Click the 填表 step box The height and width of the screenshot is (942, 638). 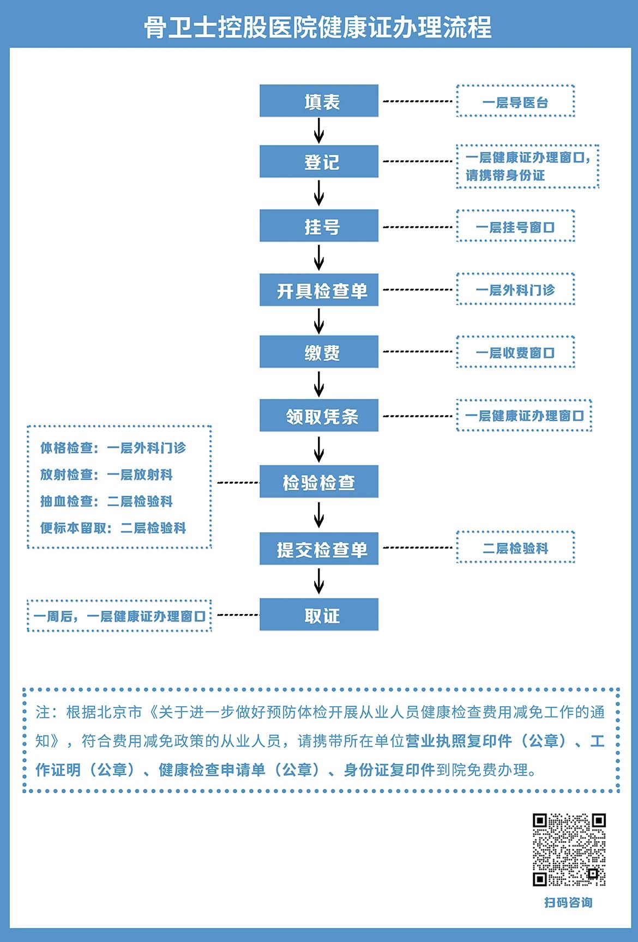(x=319, y=101)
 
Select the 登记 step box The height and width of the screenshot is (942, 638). (x=319, y=161)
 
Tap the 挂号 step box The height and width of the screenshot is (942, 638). (x=319, y=226)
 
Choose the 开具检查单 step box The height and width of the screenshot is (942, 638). (x=319, y=290)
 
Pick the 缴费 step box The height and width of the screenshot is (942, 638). (x=319, y=352)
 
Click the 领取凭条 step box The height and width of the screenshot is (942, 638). (x=319, y=416)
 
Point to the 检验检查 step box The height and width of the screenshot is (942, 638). (x=319, y=482)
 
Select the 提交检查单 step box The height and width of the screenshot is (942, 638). (x=319, y=549)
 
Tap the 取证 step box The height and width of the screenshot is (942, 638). (x=319, y=615)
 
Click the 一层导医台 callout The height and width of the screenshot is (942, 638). (x=515, y=101)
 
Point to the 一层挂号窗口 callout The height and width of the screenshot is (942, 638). (x=515, y=226)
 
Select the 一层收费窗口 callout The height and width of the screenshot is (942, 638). (x=515, y=353)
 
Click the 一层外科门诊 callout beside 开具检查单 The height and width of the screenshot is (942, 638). (x=515, y=289)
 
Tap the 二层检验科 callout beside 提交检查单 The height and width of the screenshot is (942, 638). (x=515, y=548)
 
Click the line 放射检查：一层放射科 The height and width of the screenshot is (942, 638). (x=106, y=475)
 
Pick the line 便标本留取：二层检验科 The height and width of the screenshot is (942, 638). (x=113, y=527)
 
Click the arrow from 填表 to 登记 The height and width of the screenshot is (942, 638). (x=319, y=131)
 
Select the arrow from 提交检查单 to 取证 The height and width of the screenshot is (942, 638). (x=319, y=581)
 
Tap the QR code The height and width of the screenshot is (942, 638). (x=569, y=849)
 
